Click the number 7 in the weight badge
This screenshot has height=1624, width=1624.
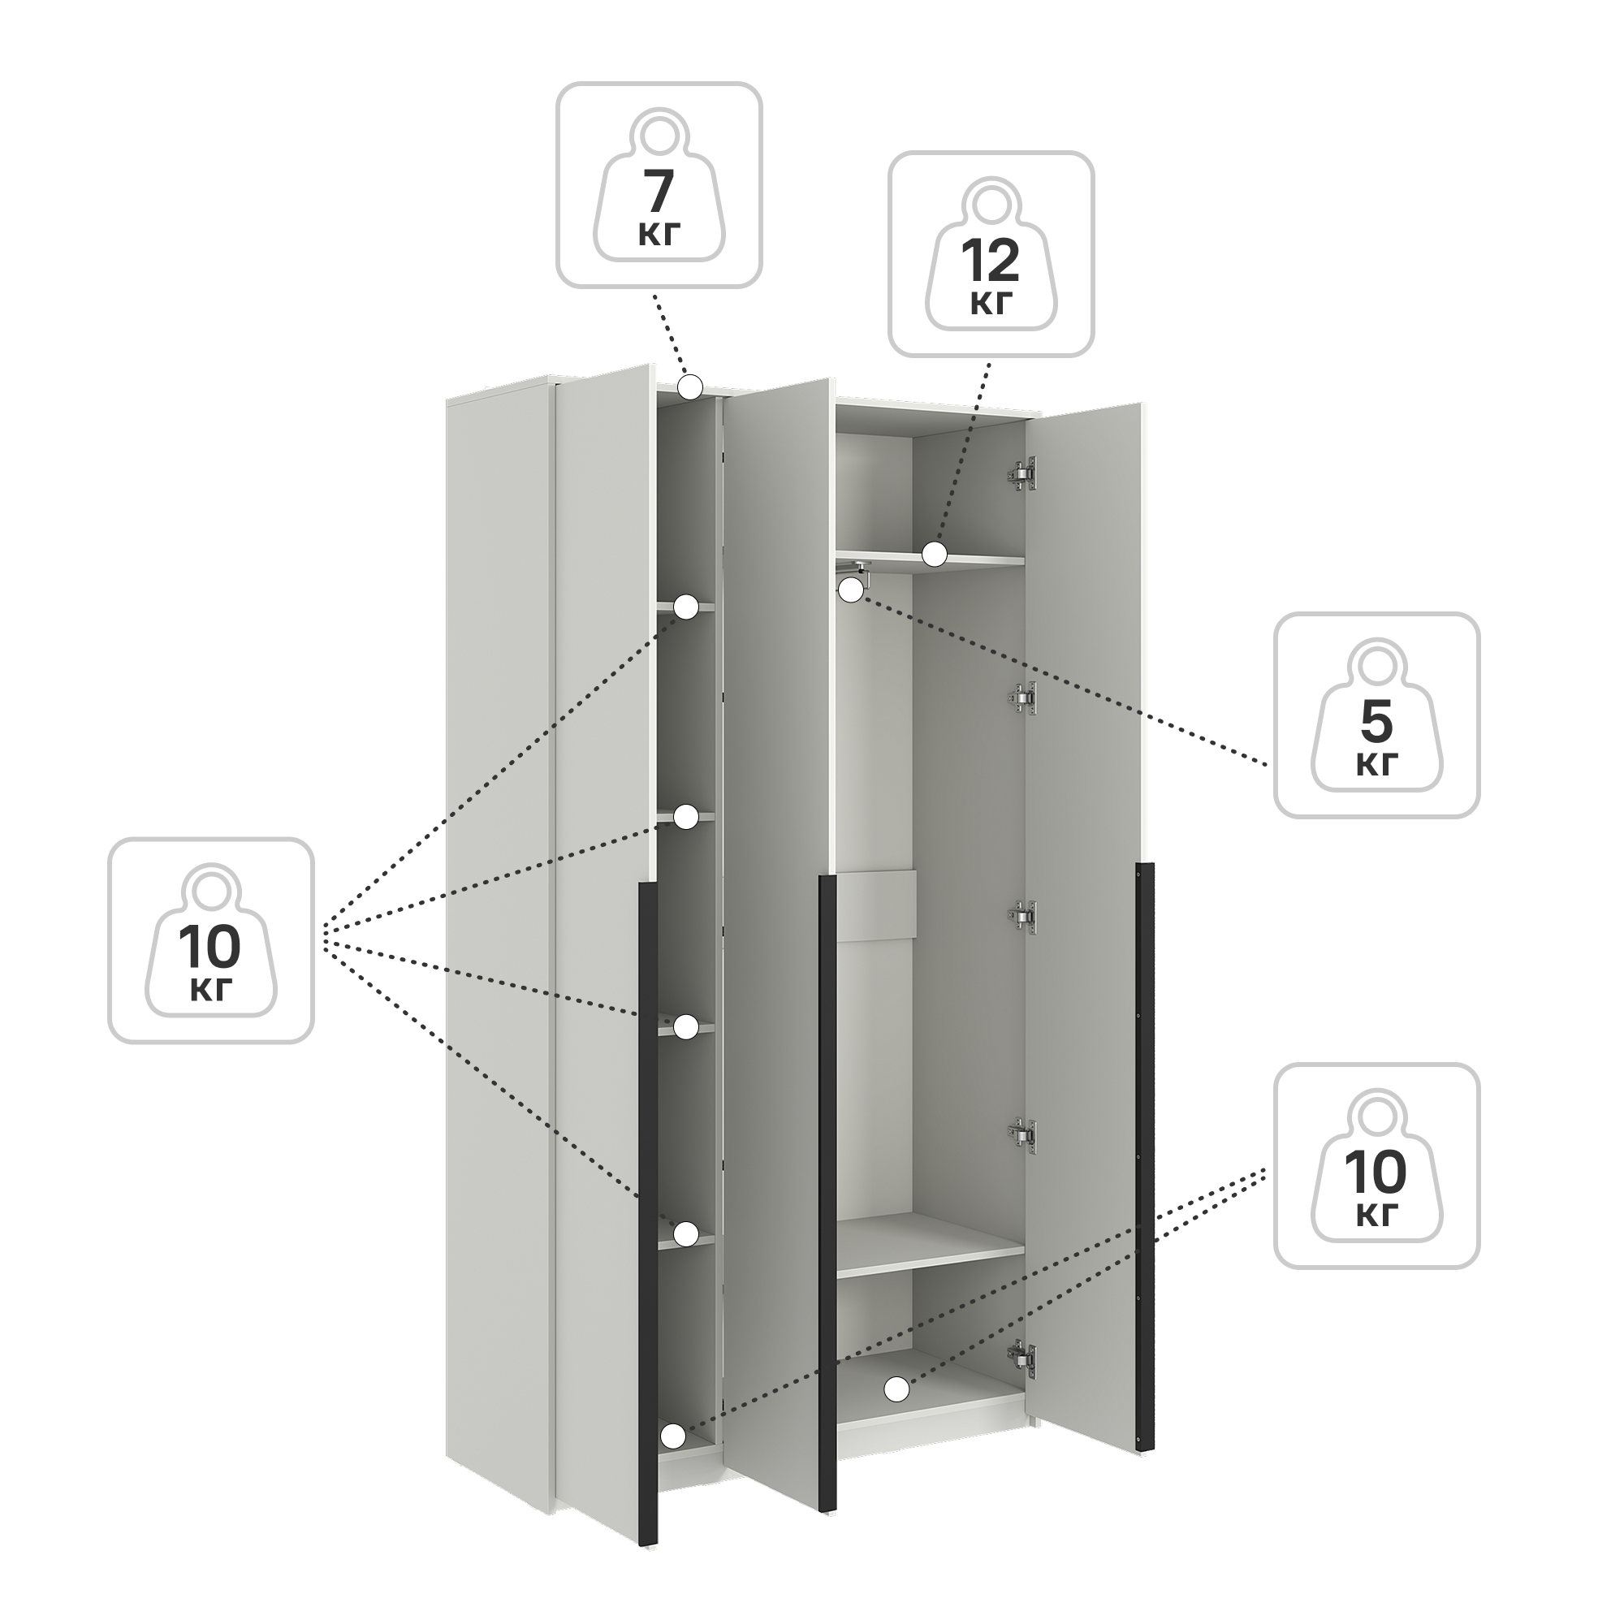click(659, 192)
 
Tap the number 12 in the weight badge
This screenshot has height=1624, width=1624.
click(991, 261)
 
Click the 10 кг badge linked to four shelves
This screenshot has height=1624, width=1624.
click(211, 940)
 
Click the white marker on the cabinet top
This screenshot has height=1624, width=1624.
click(690, 387)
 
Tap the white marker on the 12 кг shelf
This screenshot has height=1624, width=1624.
click(935, 553)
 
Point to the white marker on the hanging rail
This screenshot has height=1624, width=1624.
click(851, 590)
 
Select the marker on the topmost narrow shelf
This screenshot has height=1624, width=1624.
click(687, 607)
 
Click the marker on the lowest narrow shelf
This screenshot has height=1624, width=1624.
click(687, 1233)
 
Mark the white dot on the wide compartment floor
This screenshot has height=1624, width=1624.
click(897, 1389)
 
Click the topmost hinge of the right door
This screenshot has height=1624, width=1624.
click(1023, 473)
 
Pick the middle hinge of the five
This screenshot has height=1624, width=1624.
click(1023, 917)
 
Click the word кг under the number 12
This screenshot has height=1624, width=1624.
click(991, 304)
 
